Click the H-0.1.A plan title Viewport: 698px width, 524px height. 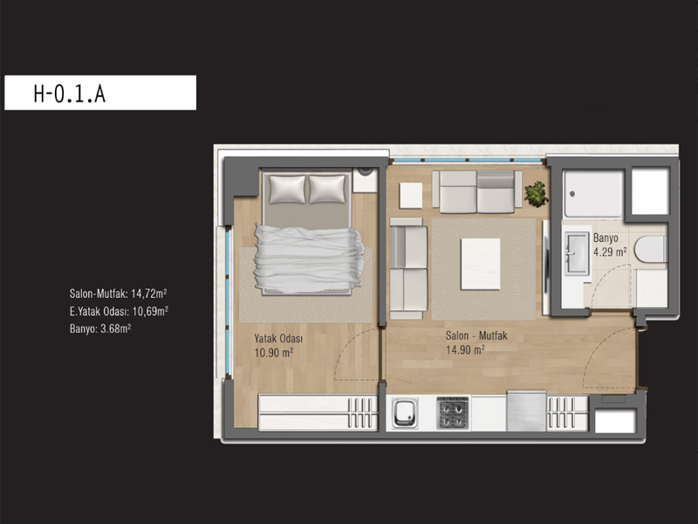(x=70, y=93)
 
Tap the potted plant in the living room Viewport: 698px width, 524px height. (x=536, y=194)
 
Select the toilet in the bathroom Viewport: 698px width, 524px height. (x=651, y=249)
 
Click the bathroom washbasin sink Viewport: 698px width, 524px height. (x=577, y=253)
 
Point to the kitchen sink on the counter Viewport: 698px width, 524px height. (x=405, y=413)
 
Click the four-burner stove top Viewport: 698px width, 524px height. (x=453, y=413)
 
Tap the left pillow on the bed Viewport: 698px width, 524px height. (x=288, y=189)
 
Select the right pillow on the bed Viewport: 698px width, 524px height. (x=327, y=189)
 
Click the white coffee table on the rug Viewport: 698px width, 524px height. (x=481, y=265)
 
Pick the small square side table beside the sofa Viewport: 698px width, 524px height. (x=411, y=196)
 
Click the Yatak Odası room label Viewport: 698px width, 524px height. (x=278, y=338)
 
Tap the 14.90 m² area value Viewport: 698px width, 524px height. (x=465, y=350)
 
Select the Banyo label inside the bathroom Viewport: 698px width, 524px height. (x=606, y=238)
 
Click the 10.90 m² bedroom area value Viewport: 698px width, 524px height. (x=273, y=353)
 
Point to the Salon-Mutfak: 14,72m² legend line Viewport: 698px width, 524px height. (x=119, y=293)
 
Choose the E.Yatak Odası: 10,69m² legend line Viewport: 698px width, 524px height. (x=119, y=311)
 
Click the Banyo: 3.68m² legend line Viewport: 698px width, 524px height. (x=100, y=329)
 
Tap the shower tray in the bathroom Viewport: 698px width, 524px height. (x=593, y=194)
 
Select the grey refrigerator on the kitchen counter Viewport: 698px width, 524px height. (x=527, y=410)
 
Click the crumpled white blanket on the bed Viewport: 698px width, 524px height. (x=309, y=259)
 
